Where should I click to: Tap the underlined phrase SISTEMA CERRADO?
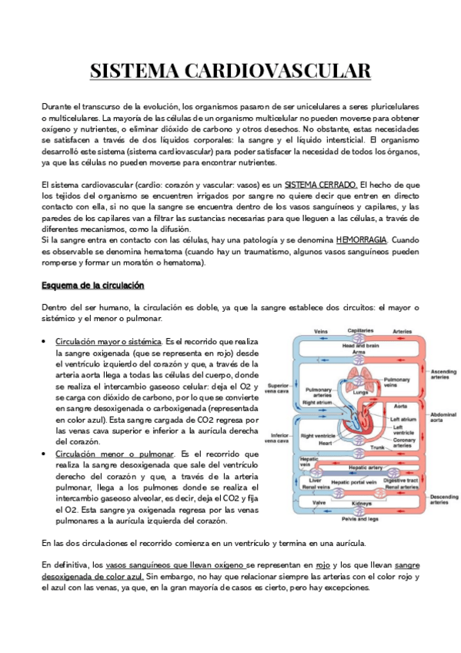(x=321, y=185)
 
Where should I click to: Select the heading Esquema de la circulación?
(x=92, y=286)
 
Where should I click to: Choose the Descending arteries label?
(x=443, y=501)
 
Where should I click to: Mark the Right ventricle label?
(x=316, y=436)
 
